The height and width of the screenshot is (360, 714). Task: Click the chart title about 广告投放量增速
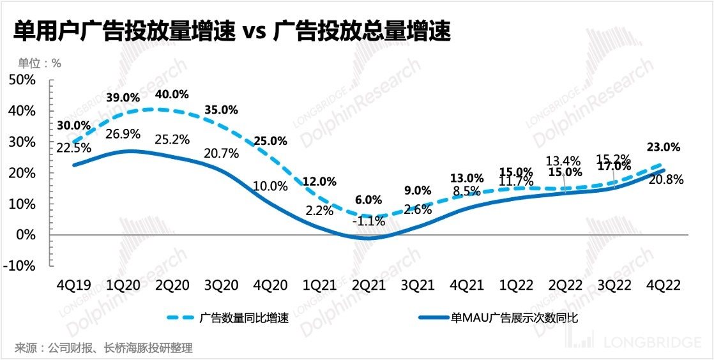tap(232, 31)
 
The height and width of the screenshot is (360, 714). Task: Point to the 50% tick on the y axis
tap(24, 80)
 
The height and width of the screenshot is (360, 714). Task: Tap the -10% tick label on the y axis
tap(21, 266)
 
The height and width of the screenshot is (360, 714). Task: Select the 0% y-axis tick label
tap(28, 235)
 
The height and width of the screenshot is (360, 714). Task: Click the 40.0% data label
tap(172, 94)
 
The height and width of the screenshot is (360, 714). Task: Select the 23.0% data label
tap(664, 147)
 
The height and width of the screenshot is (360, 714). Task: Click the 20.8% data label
tap(667, 180)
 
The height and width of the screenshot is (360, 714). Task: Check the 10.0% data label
tap(271, 186)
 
